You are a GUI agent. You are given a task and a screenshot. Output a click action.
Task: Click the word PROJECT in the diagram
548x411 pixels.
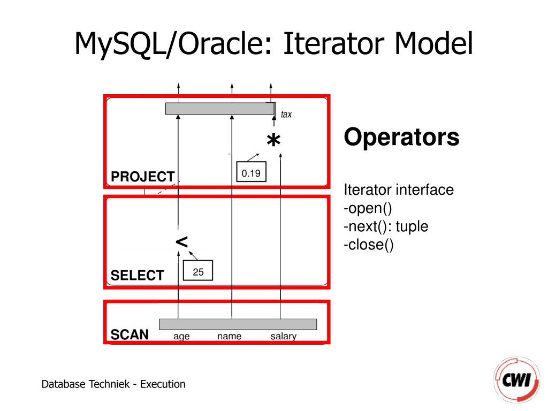[142, 177]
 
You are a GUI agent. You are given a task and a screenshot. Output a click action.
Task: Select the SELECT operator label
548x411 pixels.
[137, 276]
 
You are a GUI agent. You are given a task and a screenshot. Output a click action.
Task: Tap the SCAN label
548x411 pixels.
[130, 335]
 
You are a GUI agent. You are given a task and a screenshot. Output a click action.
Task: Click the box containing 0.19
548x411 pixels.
[251, 173]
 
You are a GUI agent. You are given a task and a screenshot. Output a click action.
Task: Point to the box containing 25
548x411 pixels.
[198, 272]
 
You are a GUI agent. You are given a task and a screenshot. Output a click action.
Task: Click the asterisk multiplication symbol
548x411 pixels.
[273, 142]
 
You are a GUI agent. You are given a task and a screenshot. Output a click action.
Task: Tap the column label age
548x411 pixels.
[181, 337]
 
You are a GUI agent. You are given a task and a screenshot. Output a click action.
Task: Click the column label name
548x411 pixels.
[229, 337]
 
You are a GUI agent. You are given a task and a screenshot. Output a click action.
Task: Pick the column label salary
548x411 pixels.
[283, 337]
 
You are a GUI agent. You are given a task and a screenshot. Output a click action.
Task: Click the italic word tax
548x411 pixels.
[286, 114]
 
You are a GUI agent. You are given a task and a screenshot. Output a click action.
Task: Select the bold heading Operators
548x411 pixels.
[401, 138]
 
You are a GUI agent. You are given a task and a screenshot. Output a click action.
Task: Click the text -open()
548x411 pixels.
[368, 208]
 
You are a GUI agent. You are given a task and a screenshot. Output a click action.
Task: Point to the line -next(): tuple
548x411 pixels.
[386, 226]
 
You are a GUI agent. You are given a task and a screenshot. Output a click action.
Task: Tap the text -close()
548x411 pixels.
[369, 245]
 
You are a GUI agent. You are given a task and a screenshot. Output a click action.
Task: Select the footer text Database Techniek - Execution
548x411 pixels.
[113, 384]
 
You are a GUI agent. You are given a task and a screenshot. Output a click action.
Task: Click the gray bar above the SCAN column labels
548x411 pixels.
[238, 324]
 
